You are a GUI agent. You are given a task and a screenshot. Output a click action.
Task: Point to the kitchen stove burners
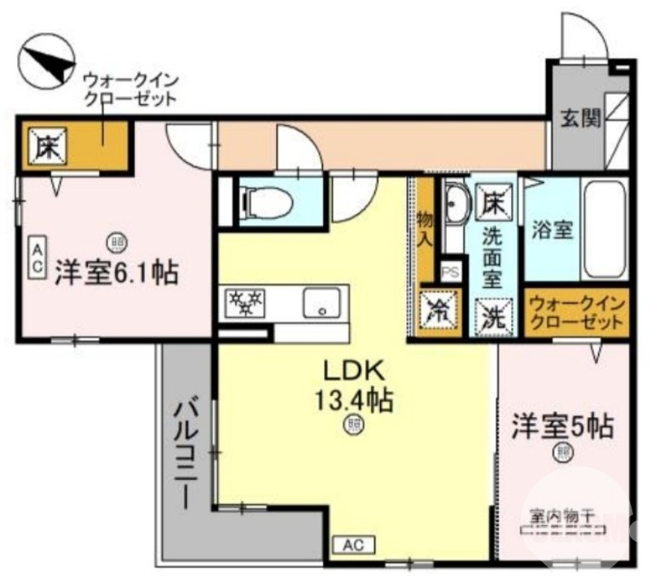246,303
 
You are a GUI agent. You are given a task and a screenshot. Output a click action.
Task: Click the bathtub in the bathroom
605,229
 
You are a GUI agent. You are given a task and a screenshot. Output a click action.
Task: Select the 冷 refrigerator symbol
438,310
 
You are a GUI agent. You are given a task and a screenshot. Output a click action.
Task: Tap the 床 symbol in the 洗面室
492,200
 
